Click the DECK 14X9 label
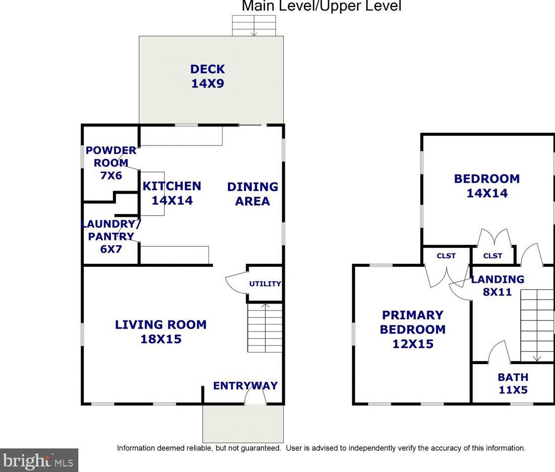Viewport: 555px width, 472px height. (x=207, y=76)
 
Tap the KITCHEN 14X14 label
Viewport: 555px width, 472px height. (x=172, y=193)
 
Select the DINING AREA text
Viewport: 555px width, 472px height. (x=253, y=194)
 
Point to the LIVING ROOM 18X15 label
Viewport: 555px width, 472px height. (x=161, y=332)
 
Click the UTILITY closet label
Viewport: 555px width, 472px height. (x=265, y=284)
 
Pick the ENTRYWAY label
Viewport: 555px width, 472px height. (x=245, y=385)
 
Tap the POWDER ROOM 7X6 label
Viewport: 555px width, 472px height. (x=111, y=163)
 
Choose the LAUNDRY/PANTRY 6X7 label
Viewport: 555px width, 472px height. (x=111, y=236)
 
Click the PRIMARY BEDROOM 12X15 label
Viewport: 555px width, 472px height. (x=413, y=329)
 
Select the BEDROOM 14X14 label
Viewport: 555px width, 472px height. (x=487, y=186)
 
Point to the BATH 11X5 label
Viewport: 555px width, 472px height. (x=513, y=383)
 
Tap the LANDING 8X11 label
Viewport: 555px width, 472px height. (x=497, y=285)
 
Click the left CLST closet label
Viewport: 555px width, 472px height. (x=446, y=256)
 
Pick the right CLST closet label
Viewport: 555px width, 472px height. (x=493, y=256)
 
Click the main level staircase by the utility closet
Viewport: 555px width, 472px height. (x=265, y=328)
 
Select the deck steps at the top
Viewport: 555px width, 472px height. (x=254, y=26)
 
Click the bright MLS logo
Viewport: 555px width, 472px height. (x=39, y=460)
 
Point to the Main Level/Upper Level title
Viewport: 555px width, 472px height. (x=321, y=6)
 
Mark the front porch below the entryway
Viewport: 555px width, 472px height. (x=243, y=423)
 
